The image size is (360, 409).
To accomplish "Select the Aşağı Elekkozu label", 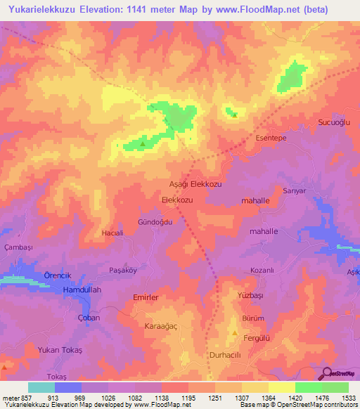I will click(196, 183).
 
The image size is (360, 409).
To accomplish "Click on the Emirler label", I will click(147, 298).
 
